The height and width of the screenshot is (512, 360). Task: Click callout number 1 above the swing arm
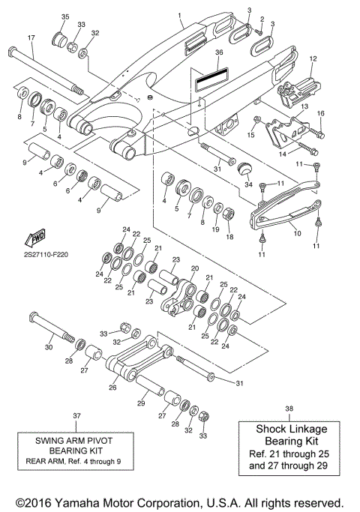point(179,15)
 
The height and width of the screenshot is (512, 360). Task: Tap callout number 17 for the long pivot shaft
point(31,37)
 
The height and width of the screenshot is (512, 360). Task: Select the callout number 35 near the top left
point(64,16)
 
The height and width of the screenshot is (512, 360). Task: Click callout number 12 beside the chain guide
point(313,58)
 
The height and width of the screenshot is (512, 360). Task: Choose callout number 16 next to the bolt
point(321,112)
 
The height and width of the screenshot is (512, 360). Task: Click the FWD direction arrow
point(35,239)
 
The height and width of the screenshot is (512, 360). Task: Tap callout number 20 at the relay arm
point(195,268)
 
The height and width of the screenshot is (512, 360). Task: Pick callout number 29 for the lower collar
point(140,404)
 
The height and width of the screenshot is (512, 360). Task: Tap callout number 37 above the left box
point(76,415)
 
